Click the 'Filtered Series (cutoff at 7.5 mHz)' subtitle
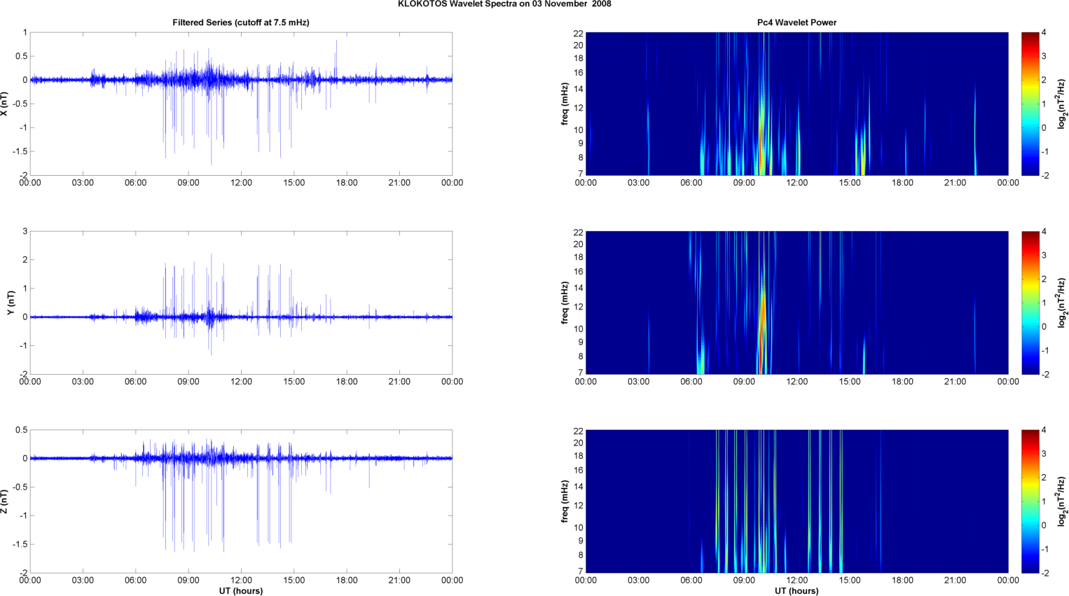tap(241, 22)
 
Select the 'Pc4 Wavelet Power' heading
tap(796, 22)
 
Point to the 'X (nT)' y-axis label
tap(4, 104)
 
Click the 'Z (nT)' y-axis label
tap(4, 501)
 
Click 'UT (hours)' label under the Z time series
tap(241, 590)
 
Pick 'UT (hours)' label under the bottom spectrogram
tap(796, 590)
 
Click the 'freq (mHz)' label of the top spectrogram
tap(565, 104)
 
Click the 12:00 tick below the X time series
tap(241, 183)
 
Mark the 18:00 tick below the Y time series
tap(347, 382)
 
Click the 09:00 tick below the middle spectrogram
tap(744, 382)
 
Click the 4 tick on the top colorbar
tap(1044, 33)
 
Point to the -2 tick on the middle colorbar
tap(1045, 375)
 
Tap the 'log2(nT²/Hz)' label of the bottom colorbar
tap(1062, 501)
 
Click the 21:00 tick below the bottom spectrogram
tap(955, 580)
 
